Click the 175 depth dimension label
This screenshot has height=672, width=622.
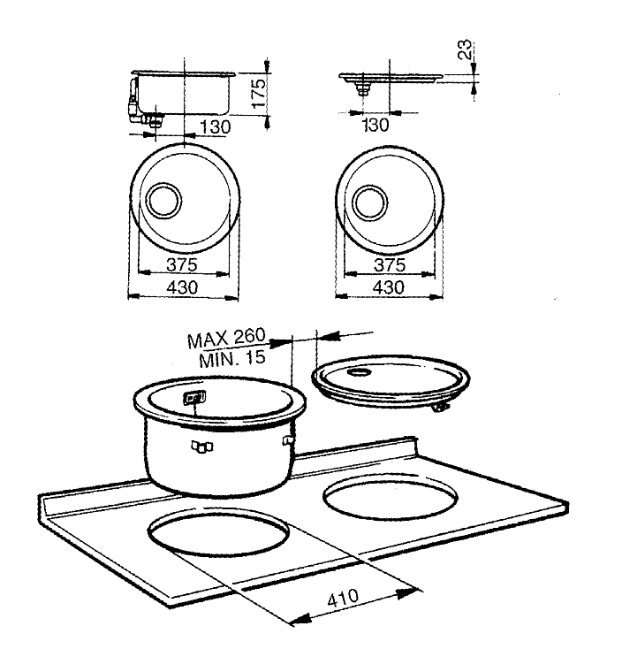259,94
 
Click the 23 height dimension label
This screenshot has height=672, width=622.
465,50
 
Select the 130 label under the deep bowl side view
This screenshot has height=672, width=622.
216,126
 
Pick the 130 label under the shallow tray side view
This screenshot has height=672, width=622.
375,126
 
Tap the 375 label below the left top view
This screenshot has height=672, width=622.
182,264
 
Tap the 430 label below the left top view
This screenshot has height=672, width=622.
183,287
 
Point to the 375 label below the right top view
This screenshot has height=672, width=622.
390,265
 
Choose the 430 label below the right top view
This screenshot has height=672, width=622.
389,287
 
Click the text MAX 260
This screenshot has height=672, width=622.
226,338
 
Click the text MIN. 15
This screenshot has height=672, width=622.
232,359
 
